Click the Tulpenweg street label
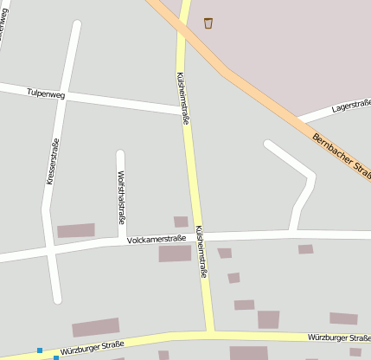click(x=46, y=92)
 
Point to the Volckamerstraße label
click(x=156, y=239)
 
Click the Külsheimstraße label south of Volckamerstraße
click(x=201, y=252)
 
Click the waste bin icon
click(x=208, y=23)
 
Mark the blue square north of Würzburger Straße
click(x=39, y=350)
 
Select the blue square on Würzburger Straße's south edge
click(x=56, y=357)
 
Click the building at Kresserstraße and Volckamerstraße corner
click(x=76, y=231)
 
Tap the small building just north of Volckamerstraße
click(x=181, y=222)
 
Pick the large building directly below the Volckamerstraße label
click(x=175, y=254)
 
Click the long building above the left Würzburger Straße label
click(x=95, y=327)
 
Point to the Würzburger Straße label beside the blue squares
click(x=93, y=348)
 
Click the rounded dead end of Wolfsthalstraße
click(x=120, y=156)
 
